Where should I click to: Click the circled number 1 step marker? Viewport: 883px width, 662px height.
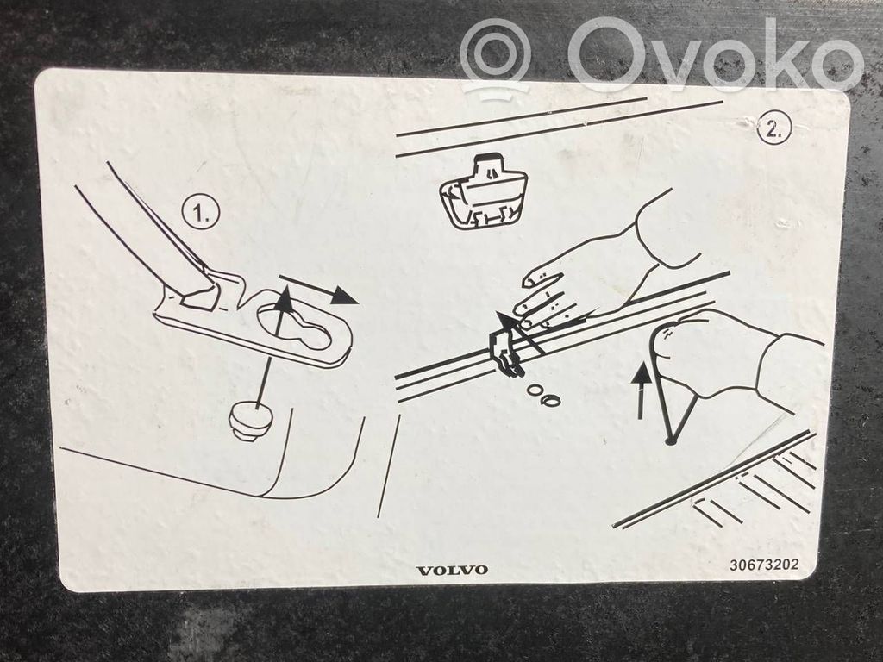200,213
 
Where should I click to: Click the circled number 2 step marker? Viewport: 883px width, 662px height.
774,129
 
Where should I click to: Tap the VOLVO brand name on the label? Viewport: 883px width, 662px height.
452,571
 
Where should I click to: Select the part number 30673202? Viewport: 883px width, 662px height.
764,564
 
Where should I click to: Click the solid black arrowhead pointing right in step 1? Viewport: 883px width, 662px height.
343,295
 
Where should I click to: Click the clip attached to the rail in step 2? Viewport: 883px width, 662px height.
507,351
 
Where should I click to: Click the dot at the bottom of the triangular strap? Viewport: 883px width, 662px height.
669,440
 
